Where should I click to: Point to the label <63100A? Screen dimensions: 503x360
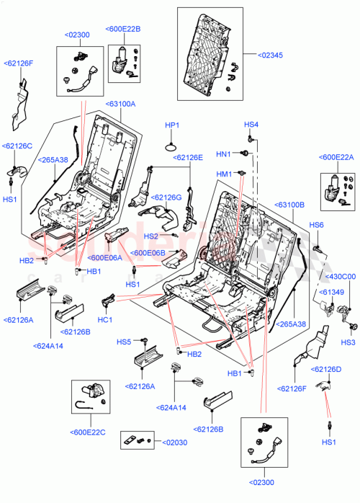120,104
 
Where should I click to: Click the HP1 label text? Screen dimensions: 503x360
171,125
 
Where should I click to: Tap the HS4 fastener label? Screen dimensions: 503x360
250,125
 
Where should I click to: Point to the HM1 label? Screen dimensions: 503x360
224,174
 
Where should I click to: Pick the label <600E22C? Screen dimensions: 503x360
87,432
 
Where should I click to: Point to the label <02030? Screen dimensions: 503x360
172,442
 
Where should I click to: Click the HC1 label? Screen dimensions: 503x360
105,320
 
